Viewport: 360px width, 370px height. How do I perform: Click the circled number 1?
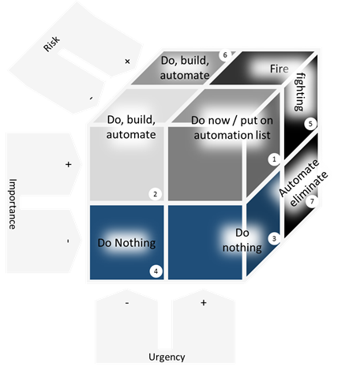(x=274, y=159)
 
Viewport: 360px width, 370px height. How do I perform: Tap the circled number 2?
(x=155, y=194)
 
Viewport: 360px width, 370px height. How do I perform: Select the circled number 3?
(x=274, y=238)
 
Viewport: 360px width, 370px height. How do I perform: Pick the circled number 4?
(x=156, y=271)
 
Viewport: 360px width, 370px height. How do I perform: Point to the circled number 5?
(x=310, y=124)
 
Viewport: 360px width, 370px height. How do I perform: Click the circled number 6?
(x=225, y=55)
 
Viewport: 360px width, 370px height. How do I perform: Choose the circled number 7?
(x=312, y=201)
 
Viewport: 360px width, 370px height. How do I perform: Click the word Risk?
(x=52, y=43)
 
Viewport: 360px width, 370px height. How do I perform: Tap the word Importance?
(x=13, y=204)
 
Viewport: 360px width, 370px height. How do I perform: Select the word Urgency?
(x=167, y=357)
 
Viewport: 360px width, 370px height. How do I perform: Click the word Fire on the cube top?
(x=279, y=69)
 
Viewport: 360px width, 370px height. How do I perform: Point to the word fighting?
(x=299, y=92)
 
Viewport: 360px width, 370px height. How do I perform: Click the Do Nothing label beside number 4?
(x=126, y=243)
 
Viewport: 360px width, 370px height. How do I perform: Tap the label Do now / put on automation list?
(x=232, y=128)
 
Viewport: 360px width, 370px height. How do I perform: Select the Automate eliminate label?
(x=303, y=183)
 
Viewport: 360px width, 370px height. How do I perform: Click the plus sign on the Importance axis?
(x=69, y=164)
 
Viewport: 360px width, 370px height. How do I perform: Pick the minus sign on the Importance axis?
(x=68, y=241)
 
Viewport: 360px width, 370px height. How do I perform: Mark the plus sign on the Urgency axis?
(x=204, y=303)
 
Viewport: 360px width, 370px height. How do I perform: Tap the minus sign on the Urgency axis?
(x=127, y=303)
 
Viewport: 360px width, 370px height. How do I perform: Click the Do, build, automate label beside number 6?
(x=185, y=68)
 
